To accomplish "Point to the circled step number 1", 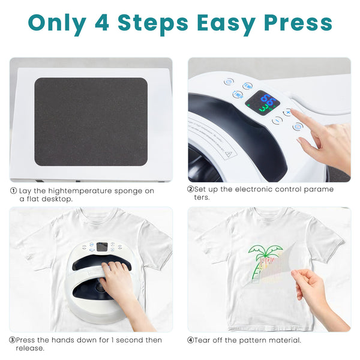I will tap(13, 191).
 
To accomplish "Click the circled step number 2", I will tap(190, 190).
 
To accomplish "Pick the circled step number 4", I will tap(191, 340).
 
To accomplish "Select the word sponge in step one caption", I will tap(125, 191).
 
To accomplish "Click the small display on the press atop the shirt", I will tap(102, 246).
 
